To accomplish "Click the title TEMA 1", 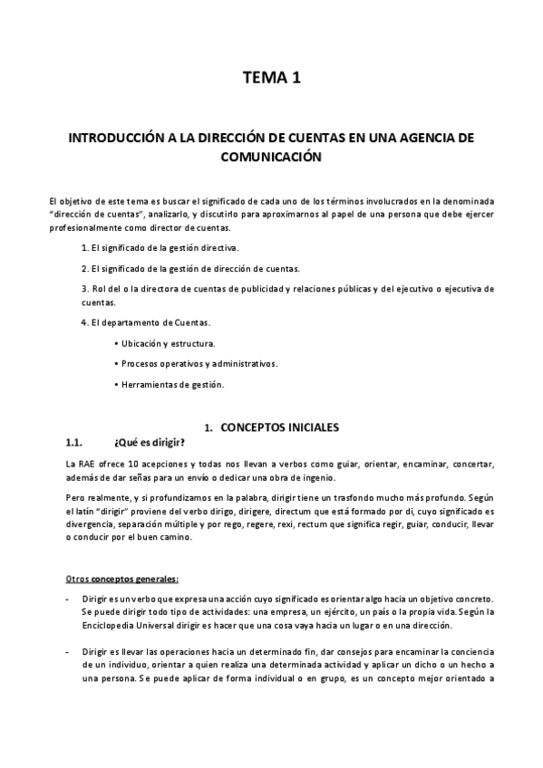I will click(271, 79).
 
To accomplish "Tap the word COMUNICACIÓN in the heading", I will click(271, 156).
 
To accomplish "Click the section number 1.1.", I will click(75, 443).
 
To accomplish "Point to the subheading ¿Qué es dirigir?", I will click(150, 443).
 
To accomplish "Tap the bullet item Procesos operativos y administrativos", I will click(199, 364).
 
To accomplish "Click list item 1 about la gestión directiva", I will click(160, 247).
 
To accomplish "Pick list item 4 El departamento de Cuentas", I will click(146, 322).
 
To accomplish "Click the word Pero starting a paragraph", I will click(78, 499).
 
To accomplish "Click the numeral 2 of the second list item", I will click(84, 269).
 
